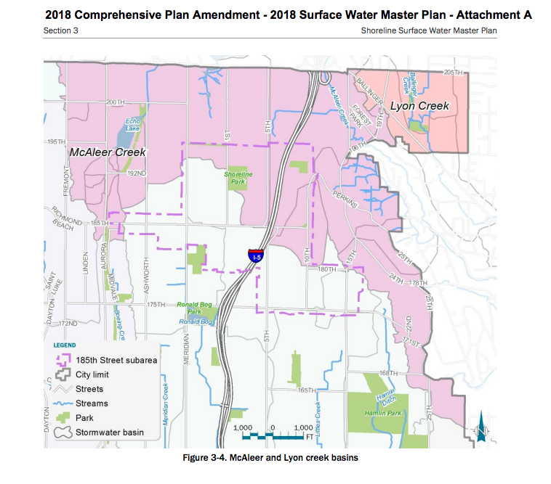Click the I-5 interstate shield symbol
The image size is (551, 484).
point(254,255)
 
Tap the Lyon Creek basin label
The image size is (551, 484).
point(419,106)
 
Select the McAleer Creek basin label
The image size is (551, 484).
point(108,152)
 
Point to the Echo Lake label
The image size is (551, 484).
point(132,124)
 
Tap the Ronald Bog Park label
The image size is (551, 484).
point(193,308)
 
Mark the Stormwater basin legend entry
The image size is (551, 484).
point(109,432)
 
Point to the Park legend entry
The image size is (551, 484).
point(84,418)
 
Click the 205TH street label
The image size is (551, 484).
point(453,73)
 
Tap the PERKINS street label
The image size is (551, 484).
point(344,199)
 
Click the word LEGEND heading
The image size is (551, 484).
point(64,345)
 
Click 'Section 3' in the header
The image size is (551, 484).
point(61,30)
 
